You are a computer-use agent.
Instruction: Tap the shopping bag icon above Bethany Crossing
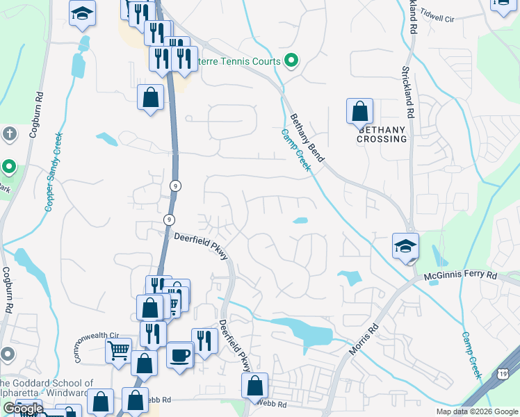click(359, 111)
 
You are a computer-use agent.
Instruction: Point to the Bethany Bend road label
click(306, 138)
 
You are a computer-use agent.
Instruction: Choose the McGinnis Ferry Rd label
click(460, 275)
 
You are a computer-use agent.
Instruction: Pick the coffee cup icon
click(180, 355)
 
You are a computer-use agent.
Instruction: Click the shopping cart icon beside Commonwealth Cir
click(119, 350)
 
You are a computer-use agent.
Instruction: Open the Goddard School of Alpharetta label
click(47, 388)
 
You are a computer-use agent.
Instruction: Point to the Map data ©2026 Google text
click(478, 411)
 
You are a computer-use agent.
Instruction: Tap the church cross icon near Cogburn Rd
click(8, 133)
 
